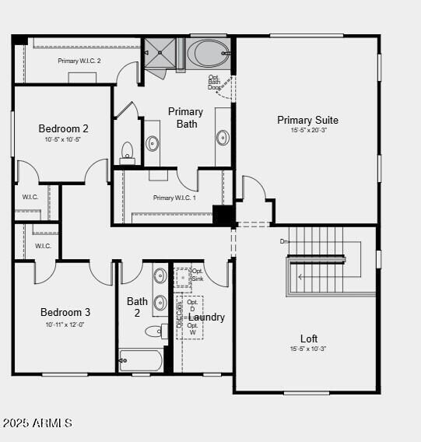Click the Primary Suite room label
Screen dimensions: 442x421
pyautogui.click(x=307, y=120)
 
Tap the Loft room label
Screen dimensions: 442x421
pyautogui.click(x=309, y=339)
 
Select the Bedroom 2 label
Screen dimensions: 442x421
pyautogui.click(x=63, y=128)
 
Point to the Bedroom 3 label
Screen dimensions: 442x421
pyautogui.click(x=65, y=312)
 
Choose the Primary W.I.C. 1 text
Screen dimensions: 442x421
pyautogui.click(x=174, y=198)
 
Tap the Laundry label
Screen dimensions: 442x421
pyautogui.click(x=207, y=317)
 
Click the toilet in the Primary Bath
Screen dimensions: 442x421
pyautogui.click(x=128, y=152)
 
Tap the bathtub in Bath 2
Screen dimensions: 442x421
pyautogui.click(x=140, y=360)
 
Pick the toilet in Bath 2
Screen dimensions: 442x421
pyautogui.click(x=156, y=331)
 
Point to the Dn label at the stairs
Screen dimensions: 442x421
pyautogui.click(x=284, y=241)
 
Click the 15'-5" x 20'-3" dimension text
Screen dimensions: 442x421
pyautogui.click(x=307, y=131)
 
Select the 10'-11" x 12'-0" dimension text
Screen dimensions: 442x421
pyautogui.click(x=65, y=324)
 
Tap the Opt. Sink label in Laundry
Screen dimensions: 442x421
pyautogui.click(x=197, y=275)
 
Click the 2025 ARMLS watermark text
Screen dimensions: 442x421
pyautogui.click(x=37, y=423)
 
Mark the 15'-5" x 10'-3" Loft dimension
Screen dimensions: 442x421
pyautogui.click(x=309, y=349)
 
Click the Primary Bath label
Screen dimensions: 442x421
pyautogui.click(x=185, y=118)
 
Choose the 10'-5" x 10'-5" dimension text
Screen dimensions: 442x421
pyautogui.click(x=63, y=139)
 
